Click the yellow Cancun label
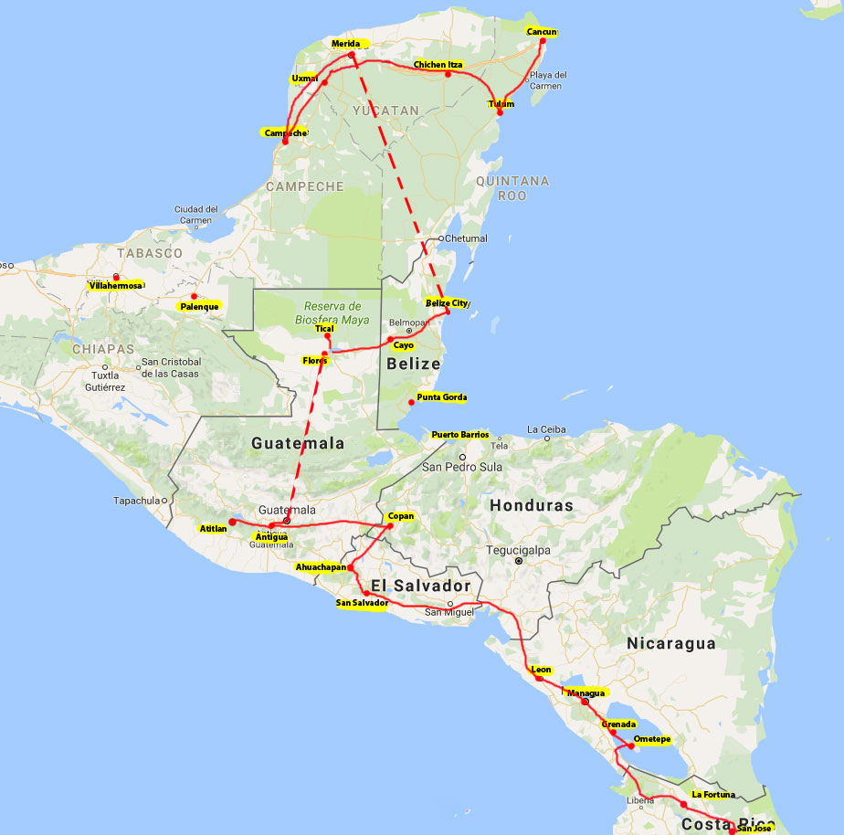(x=542, y=33)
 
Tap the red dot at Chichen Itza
(x=448, y=74)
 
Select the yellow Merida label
(x=346, y=44)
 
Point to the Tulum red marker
(x=500, y=111)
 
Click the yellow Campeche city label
(x=284, y=133)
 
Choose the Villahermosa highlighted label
(x=116, y=286)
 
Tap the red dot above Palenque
(x=194, y=296)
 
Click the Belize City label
(x=447, y=302)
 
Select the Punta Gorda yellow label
(x=441, y=397)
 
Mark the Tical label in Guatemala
(x=324, y=328)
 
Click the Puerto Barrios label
(x=459, y=435)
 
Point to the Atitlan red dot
(x=232, y=522)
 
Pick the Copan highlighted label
(x=401, y=516)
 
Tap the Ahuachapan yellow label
(x=321, y=567)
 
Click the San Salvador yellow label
(x=363, y=603)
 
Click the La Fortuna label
(x=712, y=795)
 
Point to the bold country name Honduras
(x=532, y=505)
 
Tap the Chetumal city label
(x=466, y=238)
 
